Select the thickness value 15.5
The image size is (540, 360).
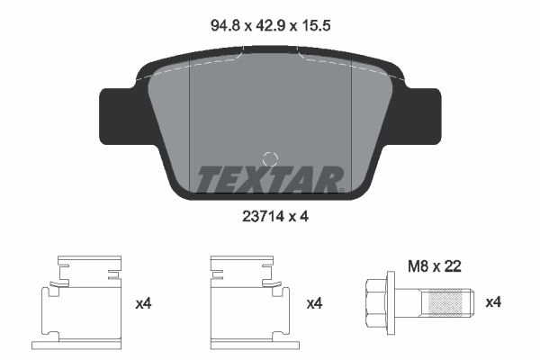pos(316,25)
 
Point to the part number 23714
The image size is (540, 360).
pos(264,216)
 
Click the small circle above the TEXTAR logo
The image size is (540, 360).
pos(270,159)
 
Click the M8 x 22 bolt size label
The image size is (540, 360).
pos(435,266)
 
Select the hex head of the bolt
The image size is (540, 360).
pos(376,302)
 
